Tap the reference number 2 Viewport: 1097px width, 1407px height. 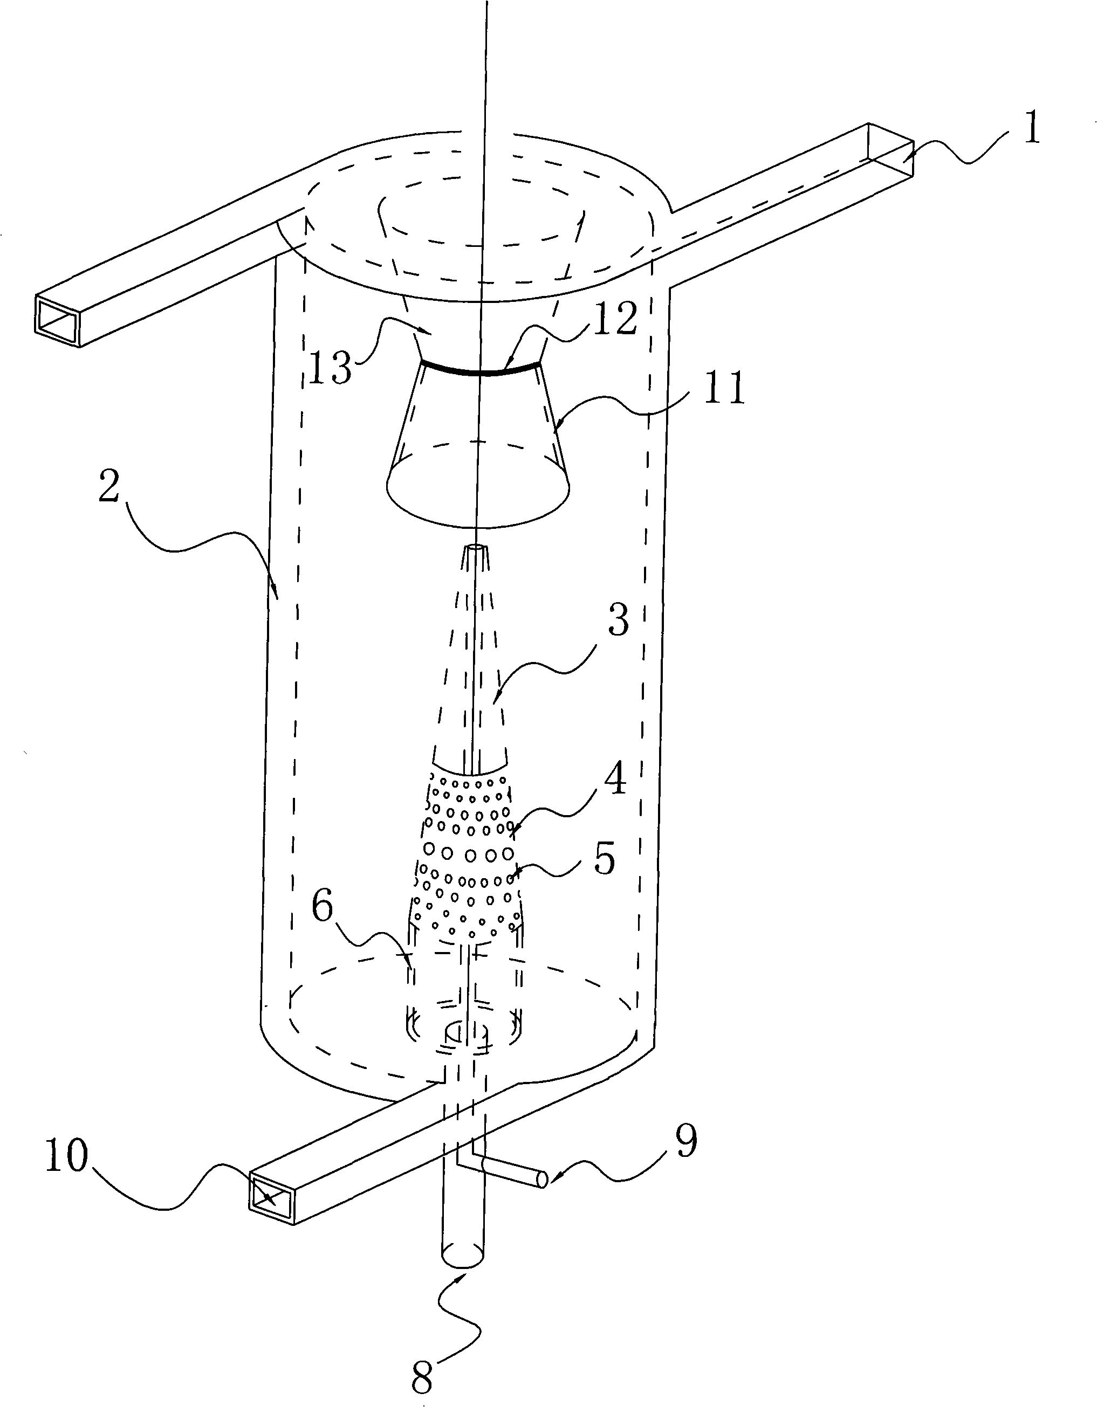(109, 488)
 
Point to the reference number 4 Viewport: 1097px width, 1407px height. (614, 779)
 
